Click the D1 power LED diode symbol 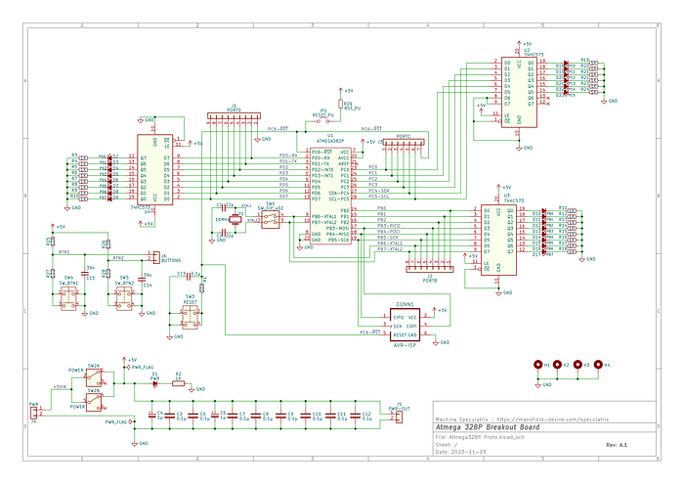(154, 383)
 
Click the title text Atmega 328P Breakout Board (486, 427)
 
